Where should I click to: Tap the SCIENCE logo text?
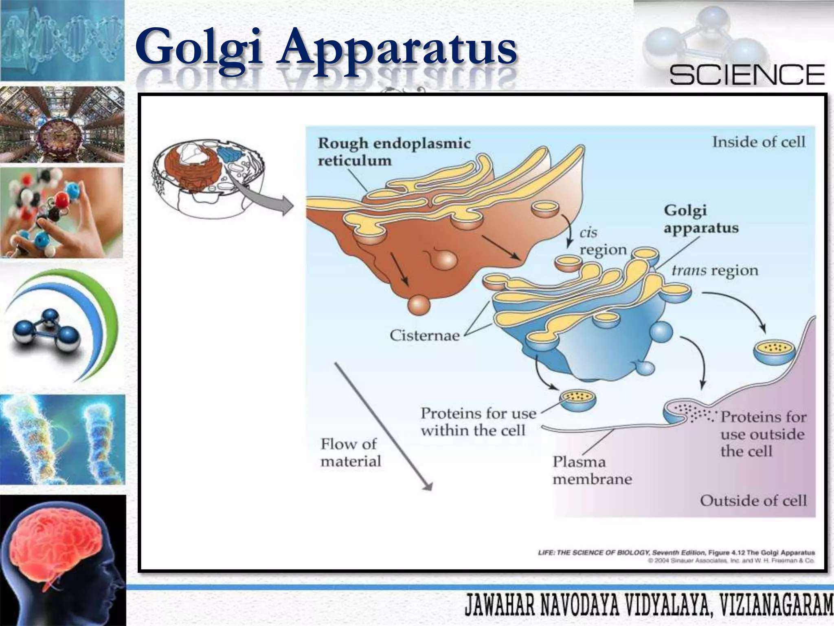(x=747, y=75)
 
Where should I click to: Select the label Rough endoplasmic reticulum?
(x=394, y=152)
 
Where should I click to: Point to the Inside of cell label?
(x=758, y=142)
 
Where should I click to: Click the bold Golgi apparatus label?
(x=700, y=219)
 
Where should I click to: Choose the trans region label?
(x=715, y=271)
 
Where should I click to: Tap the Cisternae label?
(x=424, y=335)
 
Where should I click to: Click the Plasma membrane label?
(x=592, y=470)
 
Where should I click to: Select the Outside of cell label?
(x=753, y=500)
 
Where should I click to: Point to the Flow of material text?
(x=350, y=452)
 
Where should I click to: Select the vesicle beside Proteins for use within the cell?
(x=577, y=400)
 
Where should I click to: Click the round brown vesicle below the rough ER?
(x=419, y=304)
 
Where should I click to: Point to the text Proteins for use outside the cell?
(x=762, y=434)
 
